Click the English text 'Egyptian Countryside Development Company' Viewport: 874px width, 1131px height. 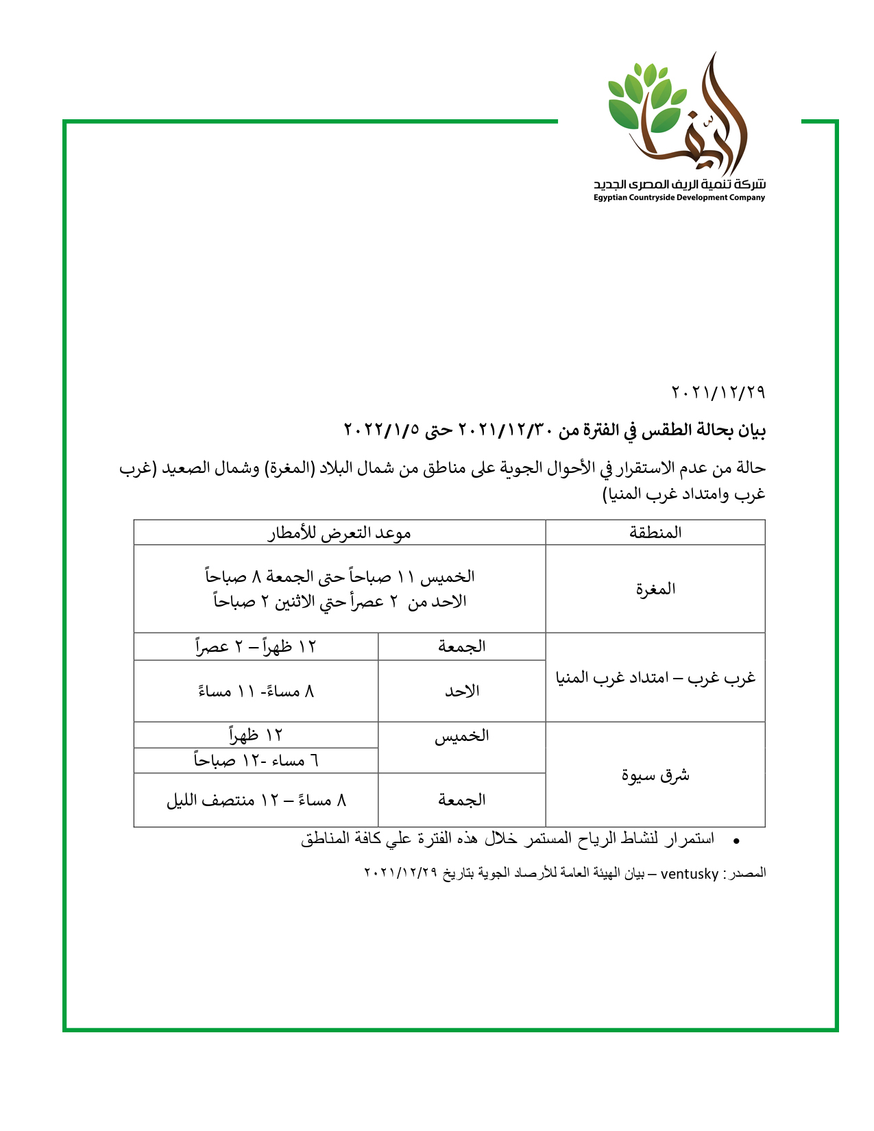click(x=679, y=198)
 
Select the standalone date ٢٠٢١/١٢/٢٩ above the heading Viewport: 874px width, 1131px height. click(x=718, y=393)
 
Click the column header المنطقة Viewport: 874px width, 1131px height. click(x=655, y=533)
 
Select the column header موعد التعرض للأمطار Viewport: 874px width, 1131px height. click(x=339, y=533)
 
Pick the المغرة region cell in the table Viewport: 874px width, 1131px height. click(x=655, y=589)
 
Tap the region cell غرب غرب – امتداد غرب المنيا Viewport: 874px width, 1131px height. click(x=655, y=677)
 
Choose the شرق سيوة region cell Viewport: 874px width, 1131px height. click(x=655, y=775)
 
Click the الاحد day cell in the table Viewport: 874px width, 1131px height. click(x=462, y=691)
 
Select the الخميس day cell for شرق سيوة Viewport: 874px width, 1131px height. click(x=462, y=736)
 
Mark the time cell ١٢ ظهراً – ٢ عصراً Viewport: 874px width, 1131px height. click(x=256, y=646)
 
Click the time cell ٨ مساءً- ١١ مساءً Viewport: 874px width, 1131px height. click(x=256, y=691)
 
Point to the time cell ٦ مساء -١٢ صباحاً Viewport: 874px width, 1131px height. click(x=256, y=760)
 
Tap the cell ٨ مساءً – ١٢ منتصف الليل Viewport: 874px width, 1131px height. click(x=256, y=800)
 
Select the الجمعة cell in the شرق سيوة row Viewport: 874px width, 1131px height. click(x=462, y=800)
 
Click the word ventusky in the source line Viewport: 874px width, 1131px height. click(x=689, y=874)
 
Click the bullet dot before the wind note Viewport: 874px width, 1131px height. click(x=736, y=840)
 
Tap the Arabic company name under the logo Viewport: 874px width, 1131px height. click(x=679, y=184)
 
